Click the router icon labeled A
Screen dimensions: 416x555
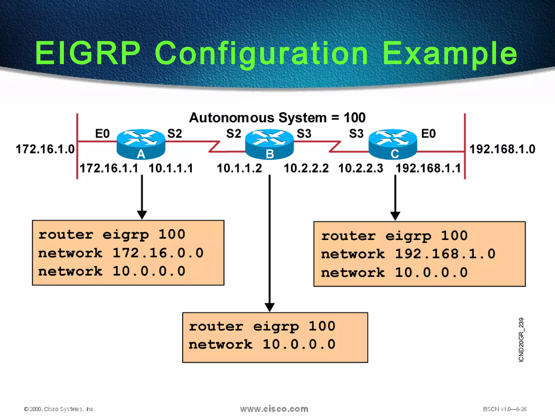(141, 144)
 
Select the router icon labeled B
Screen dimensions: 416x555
(269, 144)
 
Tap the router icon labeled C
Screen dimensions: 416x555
(393, 144)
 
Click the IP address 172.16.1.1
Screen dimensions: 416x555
(109, 168)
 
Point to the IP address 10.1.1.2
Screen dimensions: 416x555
(239, 168)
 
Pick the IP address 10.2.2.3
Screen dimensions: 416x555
(361, 168)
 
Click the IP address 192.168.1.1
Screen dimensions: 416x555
(428, 168)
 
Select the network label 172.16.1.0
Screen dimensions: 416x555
(45, 149)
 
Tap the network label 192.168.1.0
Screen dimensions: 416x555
(502, 149)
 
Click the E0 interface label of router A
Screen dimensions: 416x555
(102, 134)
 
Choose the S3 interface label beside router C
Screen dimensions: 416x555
(356, 134)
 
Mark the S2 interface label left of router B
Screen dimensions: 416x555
(234, 134)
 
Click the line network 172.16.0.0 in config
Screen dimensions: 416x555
(121, 253)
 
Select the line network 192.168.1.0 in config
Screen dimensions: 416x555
(408, 254)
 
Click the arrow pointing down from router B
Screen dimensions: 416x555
(269, 244)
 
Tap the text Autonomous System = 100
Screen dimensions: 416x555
(277, 118)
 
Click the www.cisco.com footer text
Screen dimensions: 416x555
(274, 409)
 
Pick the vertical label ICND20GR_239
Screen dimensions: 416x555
(521, 340)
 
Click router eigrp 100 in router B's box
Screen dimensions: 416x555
(262, 326)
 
